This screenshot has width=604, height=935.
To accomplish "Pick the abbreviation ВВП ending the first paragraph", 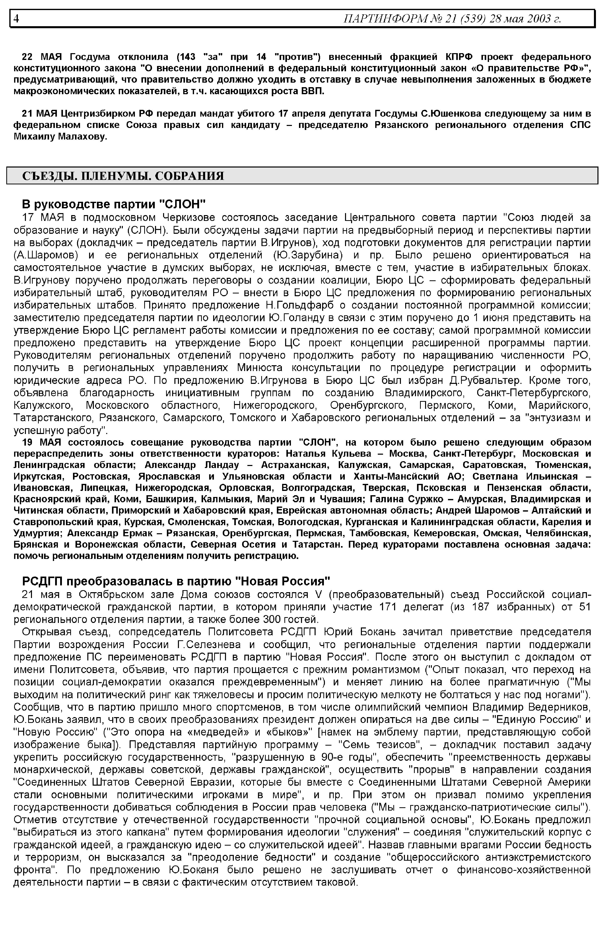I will point(314,91).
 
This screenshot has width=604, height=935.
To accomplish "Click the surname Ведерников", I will point(559,707).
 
